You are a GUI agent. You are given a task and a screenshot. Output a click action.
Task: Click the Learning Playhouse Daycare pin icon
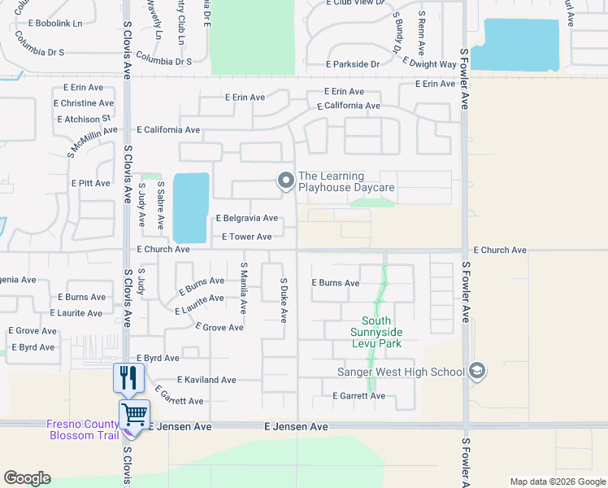(285, 181)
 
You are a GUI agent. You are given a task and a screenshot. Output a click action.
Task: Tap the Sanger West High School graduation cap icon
(476, 372)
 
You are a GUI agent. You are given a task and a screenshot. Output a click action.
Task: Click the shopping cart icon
(134, 413)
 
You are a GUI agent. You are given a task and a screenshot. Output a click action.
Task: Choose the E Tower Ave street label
(246, 237)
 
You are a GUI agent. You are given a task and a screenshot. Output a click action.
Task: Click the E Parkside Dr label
(353, 63)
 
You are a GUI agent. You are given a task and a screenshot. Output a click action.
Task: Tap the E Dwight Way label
(430, 63)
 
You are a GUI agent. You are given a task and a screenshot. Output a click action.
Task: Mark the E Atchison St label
(82, 119)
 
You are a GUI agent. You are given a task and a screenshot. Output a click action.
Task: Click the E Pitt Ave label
(90, 183)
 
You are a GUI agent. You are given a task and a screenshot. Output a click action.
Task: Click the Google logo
(27, 478)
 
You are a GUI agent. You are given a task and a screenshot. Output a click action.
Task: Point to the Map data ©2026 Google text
(557, 481)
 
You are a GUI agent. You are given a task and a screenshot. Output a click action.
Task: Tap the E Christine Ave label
(83, 103)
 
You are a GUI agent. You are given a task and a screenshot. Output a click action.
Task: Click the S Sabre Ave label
(161, 206)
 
